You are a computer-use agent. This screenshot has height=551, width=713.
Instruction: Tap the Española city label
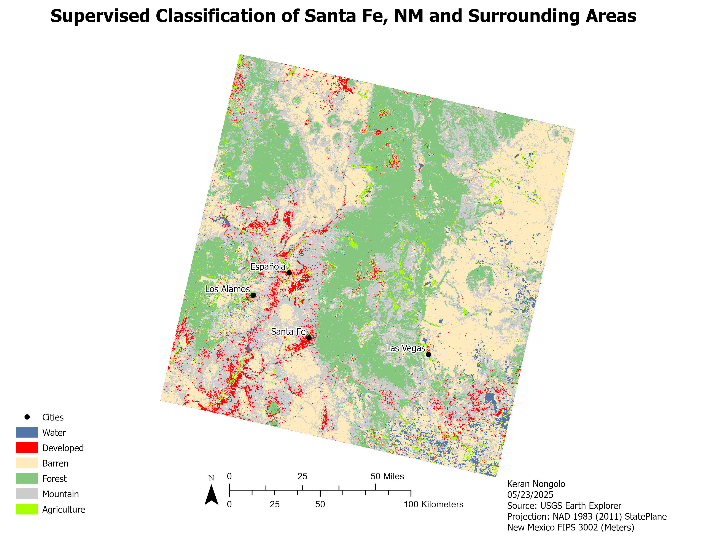point(267,266)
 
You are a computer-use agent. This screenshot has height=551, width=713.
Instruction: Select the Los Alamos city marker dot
point(253,295)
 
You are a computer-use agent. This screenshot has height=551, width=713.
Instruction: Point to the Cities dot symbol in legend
point(27,417)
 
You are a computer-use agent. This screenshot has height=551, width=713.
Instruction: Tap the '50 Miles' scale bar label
point(387,476)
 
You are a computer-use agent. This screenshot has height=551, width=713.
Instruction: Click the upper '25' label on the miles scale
point(302,476)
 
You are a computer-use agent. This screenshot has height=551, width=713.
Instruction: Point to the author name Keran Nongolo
point(536,484)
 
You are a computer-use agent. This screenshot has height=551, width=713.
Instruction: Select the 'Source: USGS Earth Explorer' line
point(564,506)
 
